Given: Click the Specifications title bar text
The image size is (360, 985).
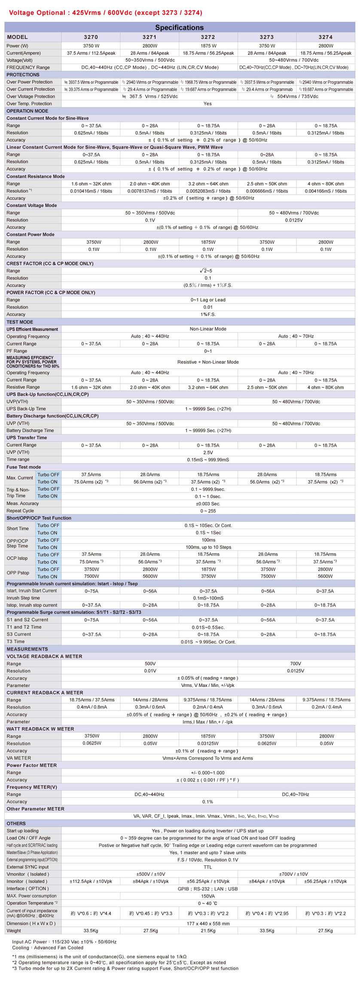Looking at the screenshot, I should click(180, 27).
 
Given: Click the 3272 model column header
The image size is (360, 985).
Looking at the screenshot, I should click(208, 37).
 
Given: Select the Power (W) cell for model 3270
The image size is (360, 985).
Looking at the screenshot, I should click(91, 46).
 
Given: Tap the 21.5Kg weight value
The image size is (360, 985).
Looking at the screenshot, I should click(208, 930).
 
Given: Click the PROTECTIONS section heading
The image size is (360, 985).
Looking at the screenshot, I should click(23, 75).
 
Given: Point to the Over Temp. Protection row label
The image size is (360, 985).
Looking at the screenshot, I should click(29, 104).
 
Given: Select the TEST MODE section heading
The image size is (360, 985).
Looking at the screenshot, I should click(20, 322).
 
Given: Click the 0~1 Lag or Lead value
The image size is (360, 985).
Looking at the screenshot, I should click(208, 300).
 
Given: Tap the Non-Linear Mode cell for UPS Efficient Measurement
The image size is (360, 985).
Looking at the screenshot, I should click(208, 329).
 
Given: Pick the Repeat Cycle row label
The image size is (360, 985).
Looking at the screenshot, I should click(20, 511).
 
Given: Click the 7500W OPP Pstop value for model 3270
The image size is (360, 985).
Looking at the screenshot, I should click(92, 576).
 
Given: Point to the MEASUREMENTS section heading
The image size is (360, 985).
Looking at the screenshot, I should click(27, 649).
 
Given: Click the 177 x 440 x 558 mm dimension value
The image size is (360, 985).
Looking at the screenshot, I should click(208, 923).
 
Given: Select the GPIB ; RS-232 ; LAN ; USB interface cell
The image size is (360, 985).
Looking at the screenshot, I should click(208, 889).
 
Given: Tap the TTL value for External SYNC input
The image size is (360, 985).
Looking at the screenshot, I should click(208, 867).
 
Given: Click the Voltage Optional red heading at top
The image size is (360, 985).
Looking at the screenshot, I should click(105, 13).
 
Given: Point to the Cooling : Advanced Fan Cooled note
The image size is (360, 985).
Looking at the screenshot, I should click(48, 948).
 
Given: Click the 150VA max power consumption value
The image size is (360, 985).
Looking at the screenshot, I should click(208, 896).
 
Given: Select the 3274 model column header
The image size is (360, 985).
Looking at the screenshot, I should click(325, 37).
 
